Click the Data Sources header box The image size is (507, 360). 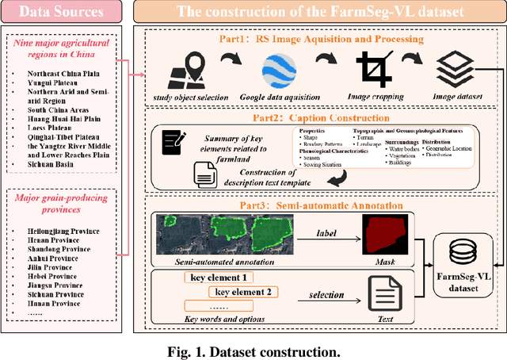pyautogui.click(x=60, y=13)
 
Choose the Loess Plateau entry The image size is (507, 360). pyautogui.click(x=41, y=124)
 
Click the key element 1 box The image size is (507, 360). pyautogui.click(x=218, y=278)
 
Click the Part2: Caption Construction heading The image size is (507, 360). pyautogui.click(x=319, y=114)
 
